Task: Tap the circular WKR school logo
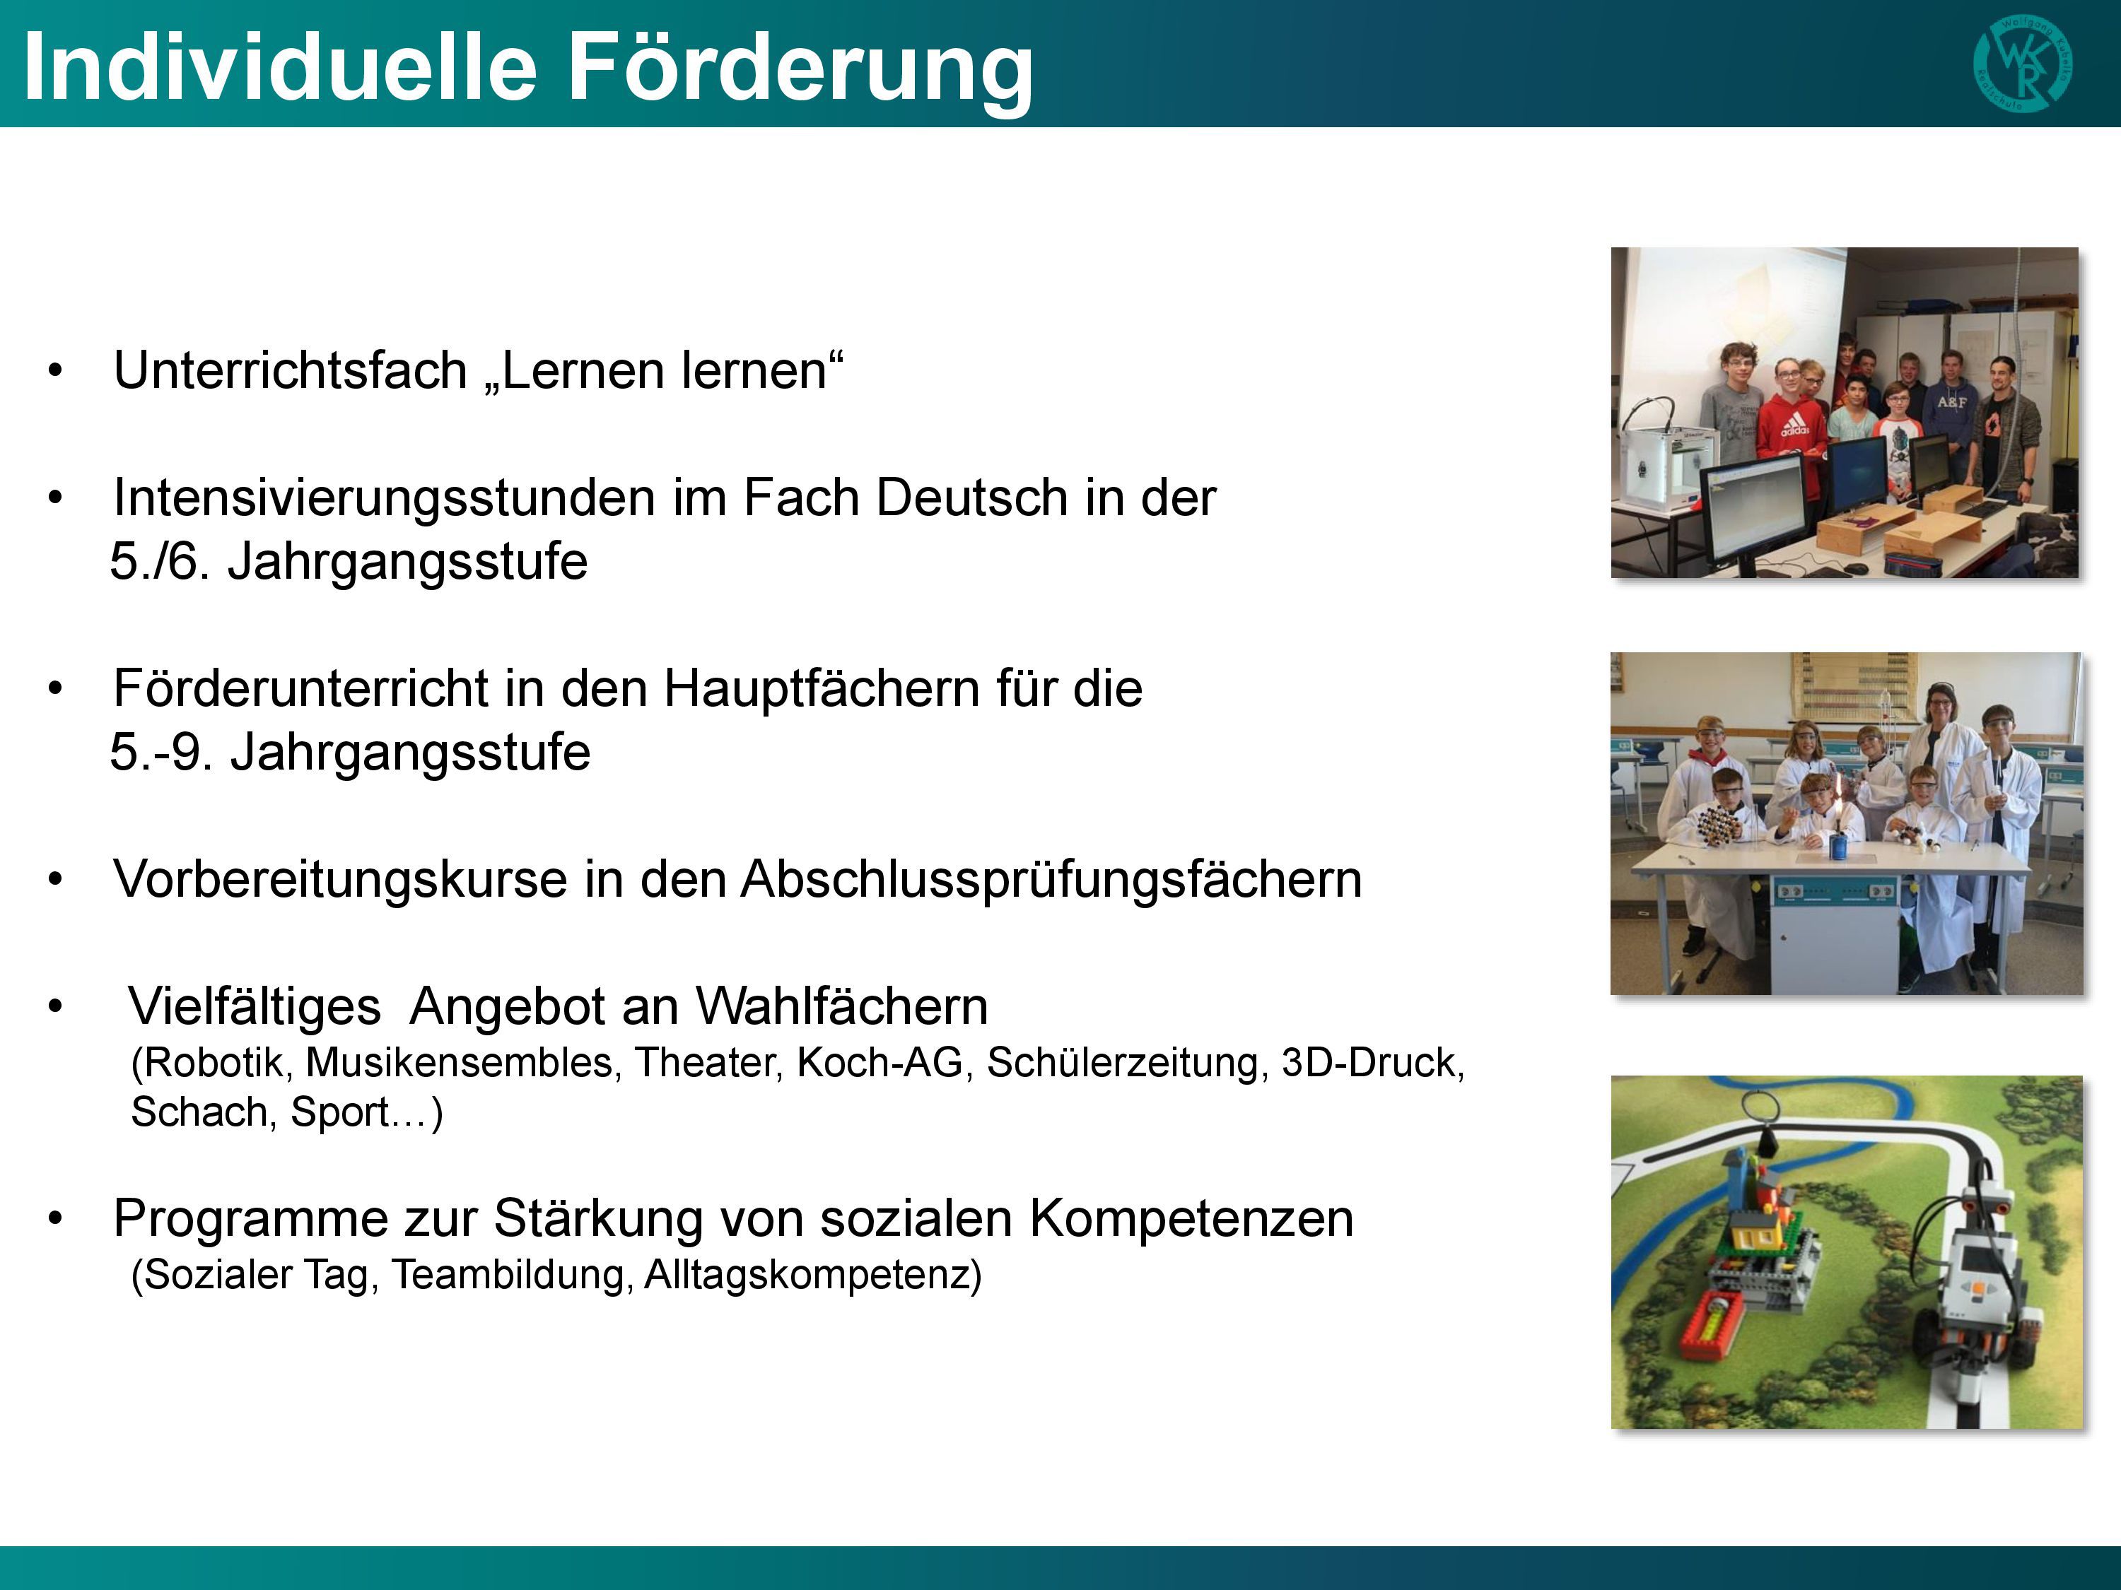click(2022, 64)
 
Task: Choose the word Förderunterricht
click(301, 688)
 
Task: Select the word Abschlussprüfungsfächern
click(1051, 879)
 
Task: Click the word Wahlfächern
click(842, 1006)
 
